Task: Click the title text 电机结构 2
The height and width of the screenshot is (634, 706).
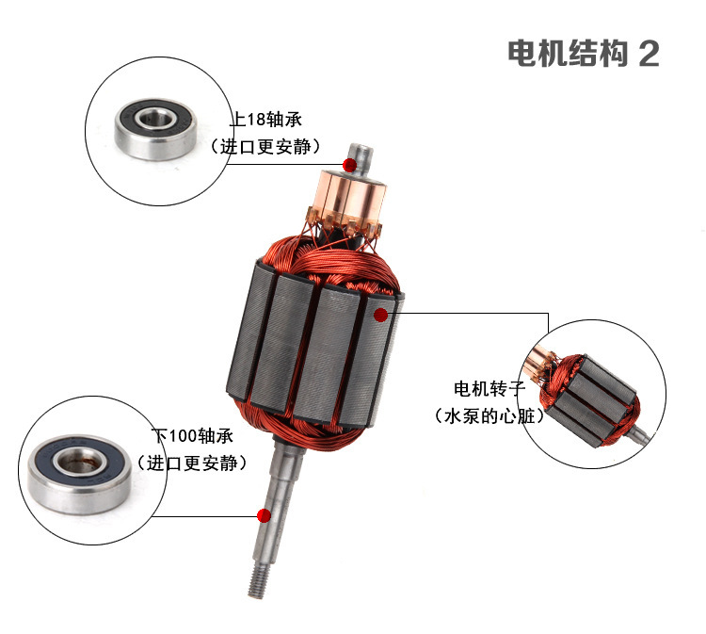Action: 584,54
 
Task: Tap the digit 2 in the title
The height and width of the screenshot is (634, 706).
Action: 649,54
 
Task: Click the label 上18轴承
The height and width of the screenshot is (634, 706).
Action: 265,120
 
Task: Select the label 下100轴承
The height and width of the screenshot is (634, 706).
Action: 192,436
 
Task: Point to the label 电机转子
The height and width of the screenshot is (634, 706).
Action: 489,388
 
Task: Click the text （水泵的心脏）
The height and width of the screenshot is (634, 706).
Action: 489,415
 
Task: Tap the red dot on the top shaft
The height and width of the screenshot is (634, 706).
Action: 349,166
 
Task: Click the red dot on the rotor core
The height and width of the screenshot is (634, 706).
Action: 381,315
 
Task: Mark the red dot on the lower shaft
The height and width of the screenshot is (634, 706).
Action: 264,515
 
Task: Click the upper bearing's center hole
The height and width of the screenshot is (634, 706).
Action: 155,120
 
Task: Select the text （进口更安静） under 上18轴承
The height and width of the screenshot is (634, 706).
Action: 265,146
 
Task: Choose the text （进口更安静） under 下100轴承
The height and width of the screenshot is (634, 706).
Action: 192,463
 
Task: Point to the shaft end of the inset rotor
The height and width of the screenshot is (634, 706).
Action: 640,436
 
